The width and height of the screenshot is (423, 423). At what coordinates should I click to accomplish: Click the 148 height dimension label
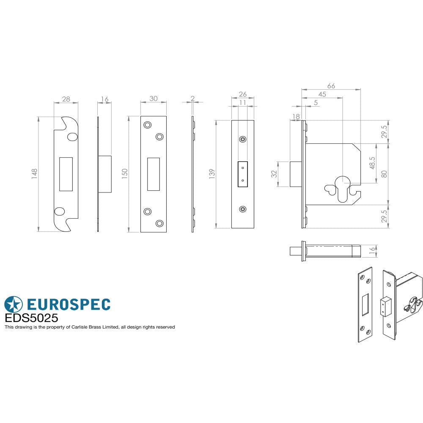pyautogui.click(x=34, y=173)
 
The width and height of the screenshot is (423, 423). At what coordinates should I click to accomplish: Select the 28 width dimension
pyautogui.click(x=66, y=99)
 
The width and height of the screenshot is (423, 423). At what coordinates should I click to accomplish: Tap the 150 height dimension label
pyautogui.click(x=124, y=173)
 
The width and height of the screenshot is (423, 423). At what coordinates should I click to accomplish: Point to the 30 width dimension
pyautogui.click(x=153, y=99)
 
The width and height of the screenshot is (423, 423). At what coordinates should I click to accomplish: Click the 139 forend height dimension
pyautogui.click(x=212, y=173)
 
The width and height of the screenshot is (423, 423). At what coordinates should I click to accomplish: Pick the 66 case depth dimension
pyautogui.click(x=331, y=86)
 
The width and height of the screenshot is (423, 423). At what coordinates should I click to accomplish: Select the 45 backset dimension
pyautogui.click(x=322, y=94)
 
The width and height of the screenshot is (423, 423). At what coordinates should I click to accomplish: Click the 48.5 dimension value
pyautogui.click(x=372, y=163)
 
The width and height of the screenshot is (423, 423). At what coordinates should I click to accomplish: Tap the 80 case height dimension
pyautogui.click(x=384, y=173)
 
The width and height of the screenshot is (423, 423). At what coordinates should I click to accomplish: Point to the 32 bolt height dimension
pyautogui.click(x=274, y=173)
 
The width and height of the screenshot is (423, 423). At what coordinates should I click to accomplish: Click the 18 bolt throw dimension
pyautogui.click(x=296, y=116)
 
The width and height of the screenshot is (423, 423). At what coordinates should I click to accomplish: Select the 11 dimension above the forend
pyautogui.click(x=242, y=102)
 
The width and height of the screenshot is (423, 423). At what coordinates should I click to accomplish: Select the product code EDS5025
pyautogui.click(x=31, y=318)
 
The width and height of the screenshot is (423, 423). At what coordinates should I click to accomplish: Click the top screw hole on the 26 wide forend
pyautogui.click(x=242, y=140)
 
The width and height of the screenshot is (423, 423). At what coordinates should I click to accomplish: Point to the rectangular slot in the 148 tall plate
pyautogui.click(x=66, y=174)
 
